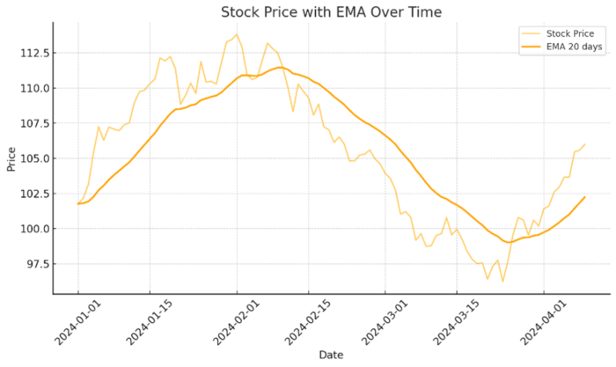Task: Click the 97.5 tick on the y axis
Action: [37, 264]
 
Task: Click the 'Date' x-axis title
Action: [331, 356]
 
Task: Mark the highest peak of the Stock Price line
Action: [237, 34]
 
